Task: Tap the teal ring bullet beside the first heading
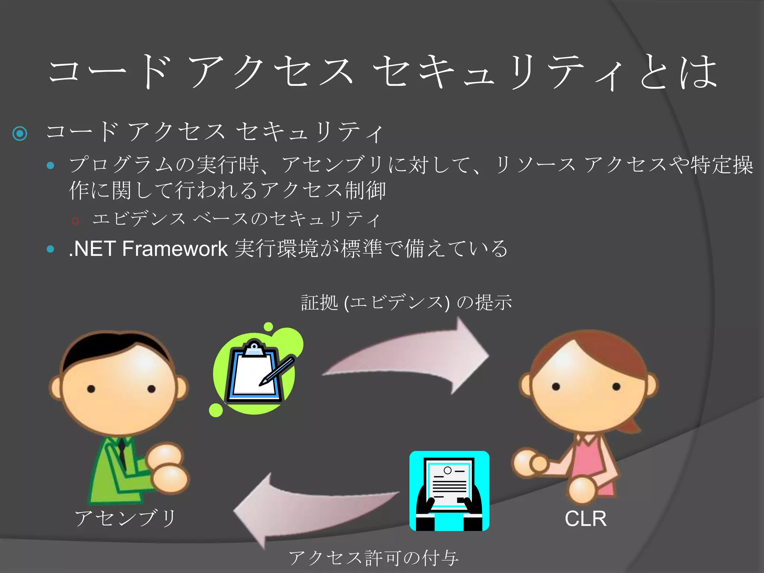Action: pos(20,133)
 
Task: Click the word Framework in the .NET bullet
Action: pos(175,249)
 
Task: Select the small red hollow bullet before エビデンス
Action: pos(75,221)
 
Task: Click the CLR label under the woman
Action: pos(585,519)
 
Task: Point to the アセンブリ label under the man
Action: pos(125,519)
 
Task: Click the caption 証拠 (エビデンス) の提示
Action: pos(406,302)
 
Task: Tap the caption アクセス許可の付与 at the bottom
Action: pos(373,558)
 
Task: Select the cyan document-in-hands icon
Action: pos(449,491)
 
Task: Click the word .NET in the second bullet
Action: pos(92,249)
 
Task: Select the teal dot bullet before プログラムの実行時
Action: pos(51,165)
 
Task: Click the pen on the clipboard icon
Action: pos(278,371)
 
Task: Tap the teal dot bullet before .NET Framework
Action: pos(51,249)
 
